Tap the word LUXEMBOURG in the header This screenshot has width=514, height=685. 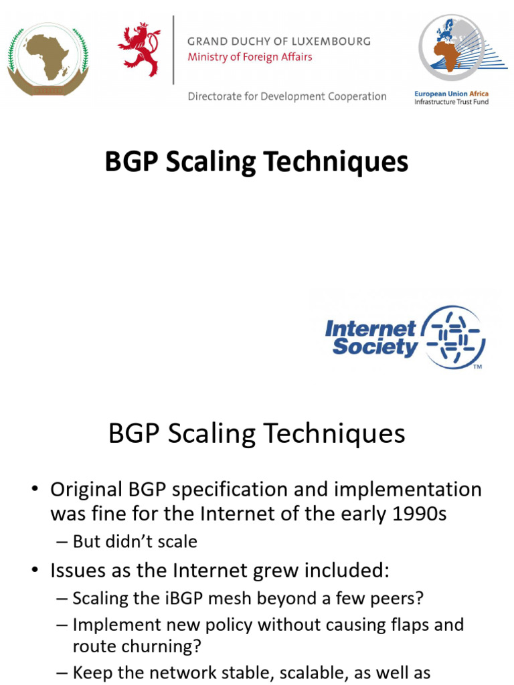(x=333, y=41)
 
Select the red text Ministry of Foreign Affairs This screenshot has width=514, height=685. (x=250, y=57)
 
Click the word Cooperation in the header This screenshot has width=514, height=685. (x=357, y=96)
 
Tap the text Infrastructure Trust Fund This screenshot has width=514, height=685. (x=451, y=102)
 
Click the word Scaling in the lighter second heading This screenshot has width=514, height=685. (x=209, y=434)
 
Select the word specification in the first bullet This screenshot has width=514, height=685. (x=234, y=490)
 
